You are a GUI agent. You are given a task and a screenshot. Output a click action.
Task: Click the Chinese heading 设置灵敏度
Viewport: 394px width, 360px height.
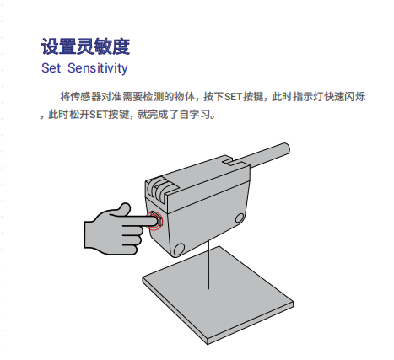coord(85,46)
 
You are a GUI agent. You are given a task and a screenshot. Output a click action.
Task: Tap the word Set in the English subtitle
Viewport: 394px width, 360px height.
coord(51,68)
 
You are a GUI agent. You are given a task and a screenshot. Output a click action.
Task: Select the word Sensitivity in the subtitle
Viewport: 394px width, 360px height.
coord(98,68)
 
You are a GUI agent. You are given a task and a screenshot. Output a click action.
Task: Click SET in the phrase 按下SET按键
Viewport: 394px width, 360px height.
coord(233,97)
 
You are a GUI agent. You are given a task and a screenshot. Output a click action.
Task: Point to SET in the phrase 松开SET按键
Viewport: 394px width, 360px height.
coord(99,115)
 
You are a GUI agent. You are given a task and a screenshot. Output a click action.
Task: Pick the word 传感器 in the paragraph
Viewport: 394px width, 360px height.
coord(81,97)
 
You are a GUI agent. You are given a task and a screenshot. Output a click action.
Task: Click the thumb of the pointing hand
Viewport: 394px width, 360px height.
coord(122,209)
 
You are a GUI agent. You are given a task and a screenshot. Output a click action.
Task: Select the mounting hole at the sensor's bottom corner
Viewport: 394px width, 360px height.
coord(178,249)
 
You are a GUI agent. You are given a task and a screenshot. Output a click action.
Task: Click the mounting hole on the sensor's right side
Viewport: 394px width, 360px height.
coord(240,218)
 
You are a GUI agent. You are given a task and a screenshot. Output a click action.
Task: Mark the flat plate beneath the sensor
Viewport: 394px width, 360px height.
coord(218,295)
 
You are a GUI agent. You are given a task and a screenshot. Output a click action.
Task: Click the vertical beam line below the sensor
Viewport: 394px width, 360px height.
coord(208,264)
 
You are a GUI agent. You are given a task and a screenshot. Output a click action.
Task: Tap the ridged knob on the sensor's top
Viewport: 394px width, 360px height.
coord(159,188)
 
